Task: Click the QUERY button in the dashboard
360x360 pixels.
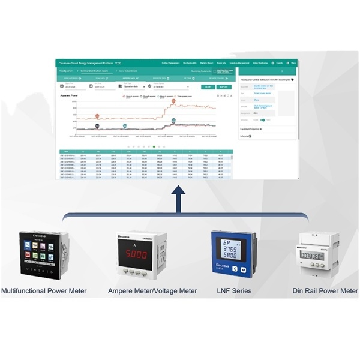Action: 208,87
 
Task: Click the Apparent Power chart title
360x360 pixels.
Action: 70,95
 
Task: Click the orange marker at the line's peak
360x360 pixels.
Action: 173,101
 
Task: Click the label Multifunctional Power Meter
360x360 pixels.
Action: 44,291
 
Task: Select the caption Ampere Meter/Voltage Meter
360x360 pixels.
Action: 152,291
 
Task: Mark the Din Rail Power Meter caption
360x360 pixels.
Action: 324,291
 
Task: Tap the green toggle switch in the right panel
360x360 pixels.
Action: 262,119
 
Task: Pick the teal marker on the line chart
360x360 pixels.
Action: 125,125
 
